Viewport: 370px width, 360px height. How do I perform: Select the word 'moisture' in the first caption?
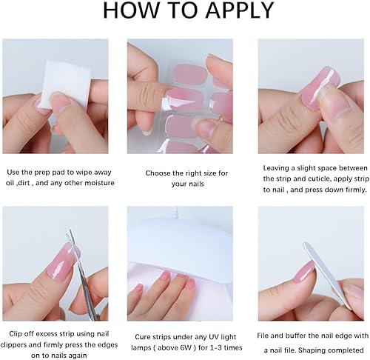(98, 182)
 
